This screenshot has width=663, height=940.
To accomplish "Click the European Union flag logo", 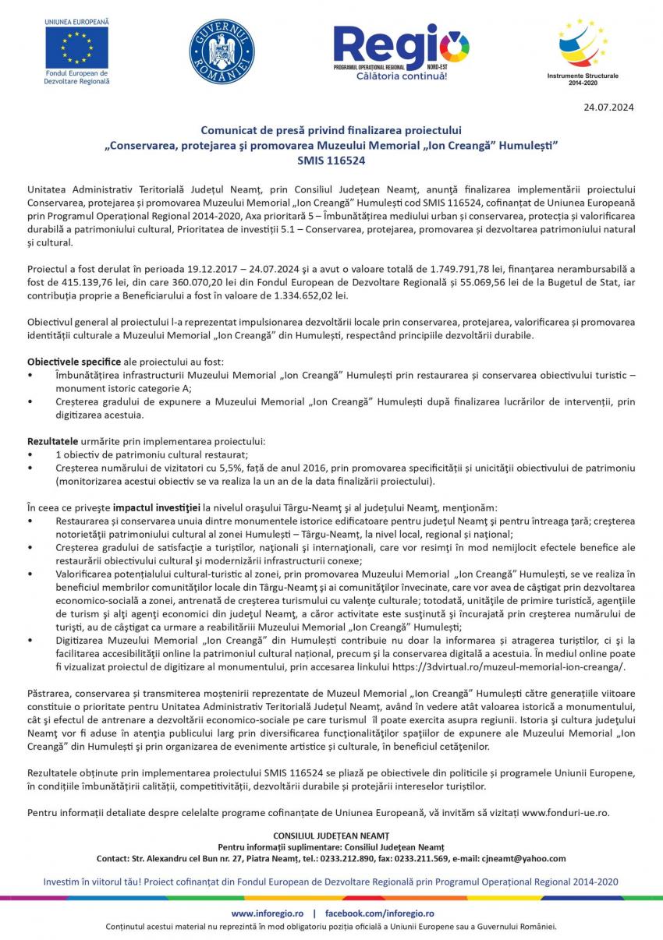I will click(x=76, y=48).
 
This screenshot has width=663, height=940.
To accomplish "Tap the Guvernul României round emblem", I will click(x=222, y=52).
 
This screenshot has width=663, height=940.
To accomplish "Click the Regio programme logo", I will click(x=401, y=51).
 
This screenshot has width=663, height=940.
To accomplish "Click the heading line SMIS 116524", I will click(x=331, y=161).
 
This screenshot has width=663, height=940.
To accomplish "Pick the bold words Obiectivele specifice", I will click(x=74, y=362).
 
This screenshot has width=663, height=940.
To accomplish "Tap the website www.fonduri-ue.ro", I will click(x=564, y=812).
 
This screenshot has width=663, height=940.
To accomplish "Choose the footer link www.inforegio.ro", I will click(x=264, y=913).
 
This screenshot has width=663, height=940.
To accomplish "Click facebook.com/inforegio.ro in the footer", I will click(x=379, y=913).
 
